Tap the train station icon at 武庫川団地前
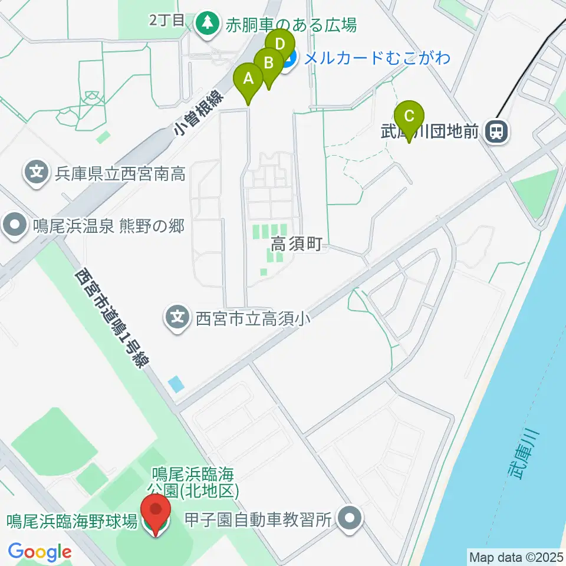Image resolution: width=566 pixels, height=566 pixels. [496, 131]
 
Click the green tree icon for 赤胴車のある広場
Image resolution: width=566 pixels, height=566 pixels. [207, 24]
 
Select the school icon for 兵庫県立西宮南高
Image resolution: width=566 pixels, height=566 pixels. [37, 173]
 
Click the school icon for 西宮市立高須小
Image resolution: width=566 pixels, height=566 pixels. [177, 318]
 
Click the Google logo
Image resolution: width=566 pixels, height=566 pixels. [40, 552]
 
